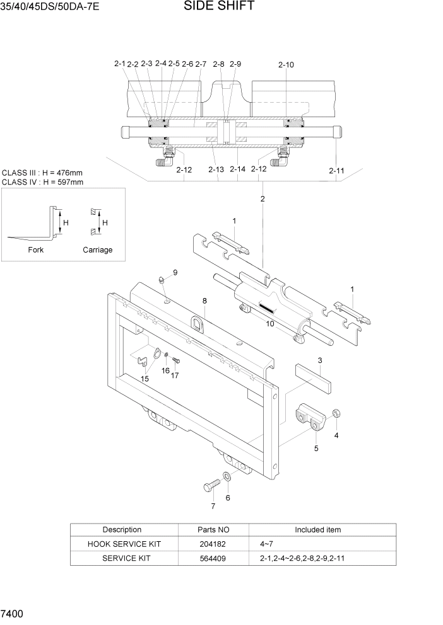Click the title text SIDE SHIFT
pyautogui.click(x=219, y=7)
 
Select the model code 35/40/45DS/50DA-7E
pyautogui.click(x=50, y=8)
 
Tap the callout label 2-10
pyautogui.click(x=285, y=64)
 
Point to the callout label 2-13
pyautogui.click(x=216, y=169)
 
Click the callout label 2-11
pyautogui.click(x=336, y=170)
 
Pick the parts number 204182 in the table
pyautogui.click(x=213, y=544)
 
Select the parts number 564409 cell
pyautogui.click(x=213, y=558)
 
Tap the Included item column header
pyautogui.click(x=317, y=530)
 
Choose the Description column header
pyautogui.click(x=122, y=530)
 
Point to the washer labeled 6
pyautogui.click(x=227, y=477)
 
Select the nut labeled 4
pyautogui.click(x=336, y=414)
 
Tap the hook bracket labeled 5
pyautogui.click(x=310, y=421)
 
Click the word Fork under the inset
pyautogui.click(x=36, y=249)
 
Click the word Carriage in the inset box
pyautogui.click(x=97, y=249)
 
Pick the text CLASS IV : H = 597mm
pyautogui.click(x=42, y=182)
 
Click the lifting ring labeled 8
pyautogui.click(x=198, y=324)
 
